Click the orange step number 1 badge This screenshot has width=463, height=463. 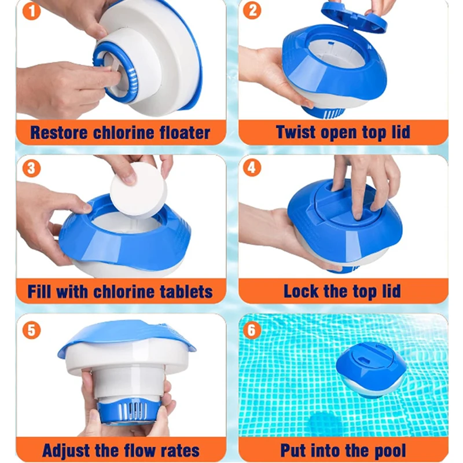(31, 11)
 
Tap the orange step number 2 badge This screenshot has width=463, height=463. (252, 10)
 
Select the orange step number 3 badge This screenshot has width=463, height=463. (31, 168)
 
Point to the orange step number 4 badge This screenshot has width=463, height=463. (252, 167)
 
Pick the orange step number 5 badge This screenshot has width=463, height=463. (31, 330)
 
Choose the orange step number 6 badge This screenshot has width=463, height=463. (252, 329)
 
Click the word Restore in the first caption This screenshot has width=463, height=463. (60, 133)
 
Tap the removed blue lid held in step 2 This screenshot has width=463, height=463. (354, 16)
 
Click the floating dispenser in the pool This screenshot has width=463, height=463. (370, 370)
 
